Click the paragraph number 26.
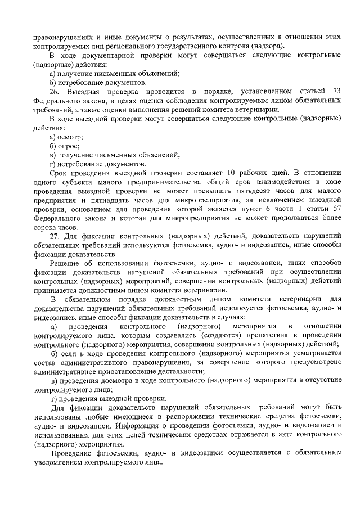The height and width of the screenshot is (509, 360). coord(55,91)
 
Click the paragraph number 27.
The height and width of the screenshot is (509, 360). coord(55,236)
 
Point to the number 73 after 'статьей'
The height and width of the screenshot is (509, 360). coord(337,91)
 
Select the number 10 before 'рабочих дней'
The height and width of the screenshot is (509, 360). coord(232,171)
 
